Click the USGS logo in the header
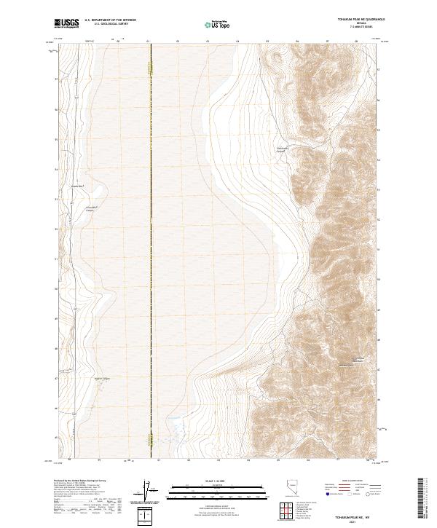(x=67, y=23)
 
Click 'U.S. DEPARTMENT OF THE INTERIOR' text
(x=110, y=20)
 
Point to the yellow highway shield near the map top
(x=151, y=67)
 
